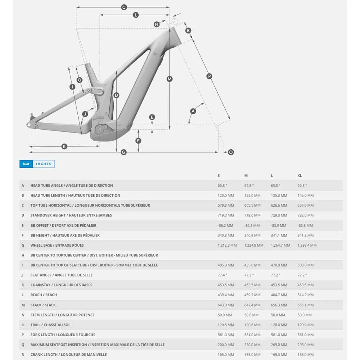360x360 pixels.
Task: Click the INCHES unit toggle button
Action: (43, 164)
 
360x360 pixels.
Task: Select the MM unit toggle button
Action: (26, 164)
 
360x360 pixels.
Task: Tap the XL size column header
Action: (299, 175)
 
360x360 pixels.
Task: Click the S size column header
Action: (219, 175)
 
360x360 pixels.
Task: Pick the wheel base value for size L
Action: (280, 245)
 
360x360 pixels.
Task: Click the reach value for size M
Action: (252, 295)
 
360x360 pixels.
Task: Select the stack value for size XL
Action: (305, 305)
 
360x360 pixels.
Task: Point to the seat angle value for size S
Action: (222, 275)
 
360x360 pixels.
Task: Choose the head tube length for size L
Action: (279, 195)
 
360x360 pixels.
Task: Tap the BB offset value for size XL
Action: (305, 226)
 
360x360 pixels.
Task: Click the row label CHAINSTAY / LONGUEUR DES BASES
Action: (61, 285)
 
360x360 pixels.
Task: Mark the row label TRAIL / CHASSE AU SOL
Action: (50, 325)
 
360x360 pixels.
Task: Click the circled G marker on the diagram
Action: (124, 152)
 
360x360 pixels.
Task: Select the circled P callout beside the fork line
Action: (209, 76)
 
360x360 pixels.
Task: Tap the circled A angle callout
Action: (193, 111)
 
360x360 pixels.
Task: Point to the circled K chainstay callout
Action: (64, 146)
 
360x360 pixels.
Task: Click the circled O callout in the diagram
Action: (231, 152)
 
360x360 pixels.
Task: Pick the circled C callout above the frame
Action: (124, 7)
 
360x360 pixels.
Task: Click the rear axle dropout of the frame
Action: (29, 124)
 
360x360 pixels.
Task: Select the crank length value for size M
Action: (252, 354)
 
